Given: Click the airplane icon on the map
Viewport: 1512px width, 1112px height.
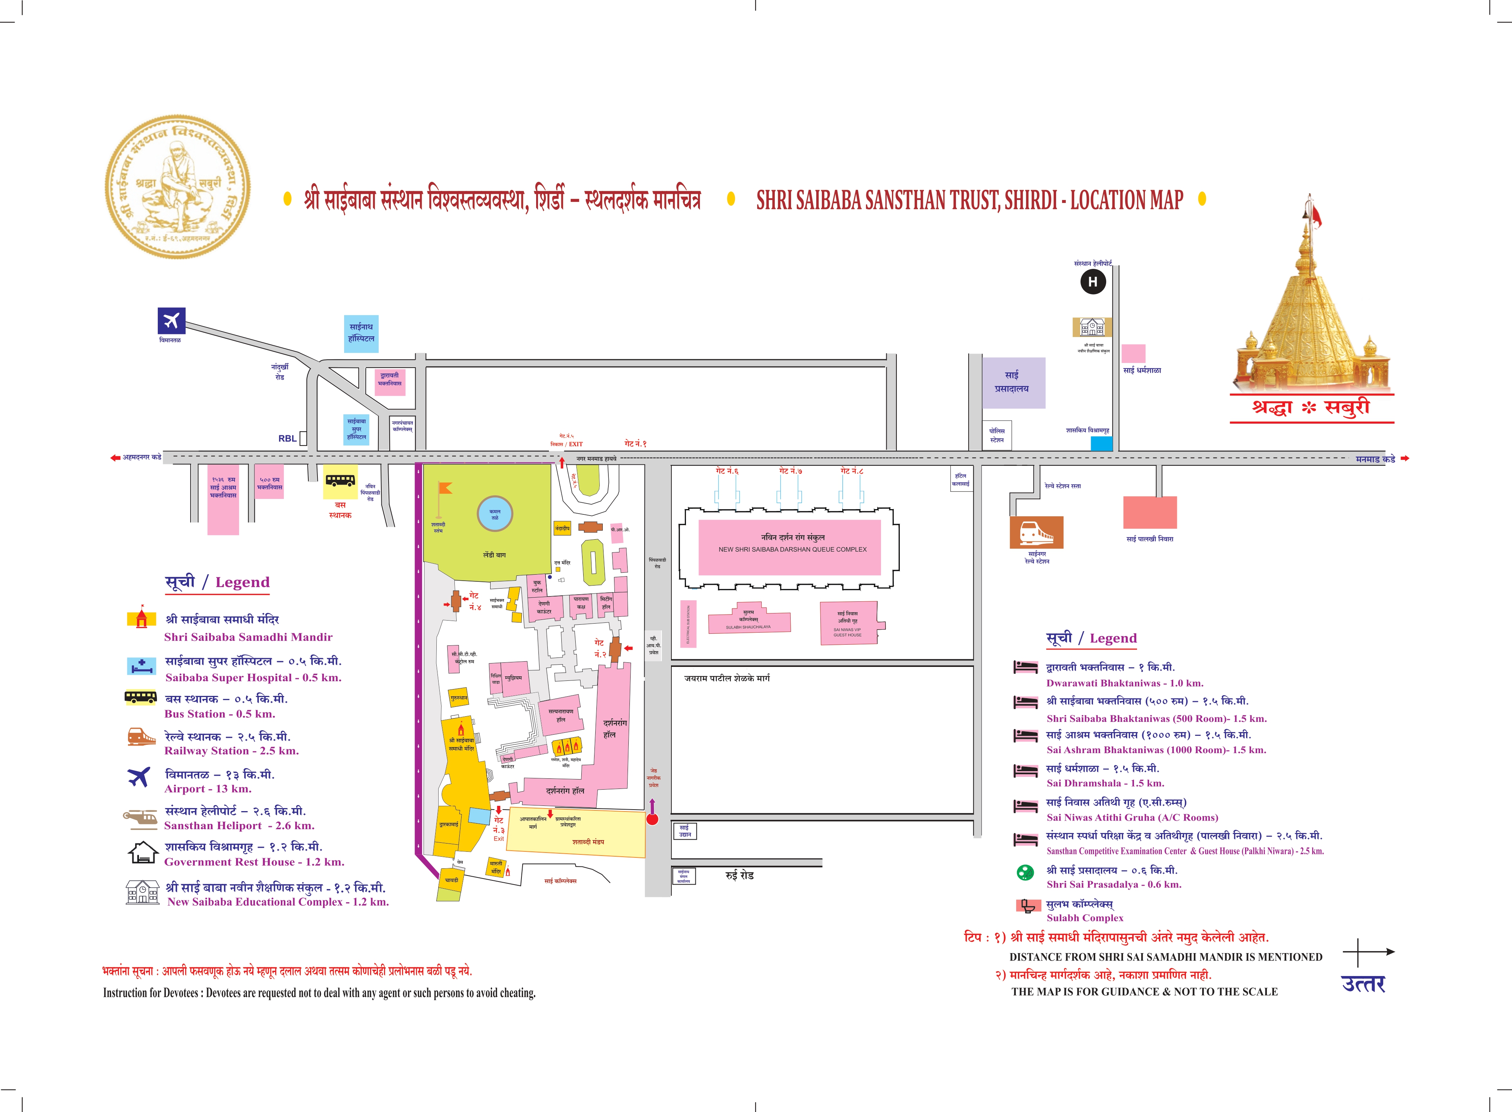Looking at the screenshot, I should [172, 321].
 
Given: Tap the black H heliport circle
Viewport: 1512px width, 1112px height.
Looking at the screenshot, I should [1093, 281].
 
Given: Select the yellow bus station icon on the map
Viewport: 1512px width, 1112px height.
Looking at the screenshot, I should [340, 480].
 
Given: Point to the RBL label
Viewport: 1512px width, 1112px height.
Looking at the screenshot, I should [287, 438].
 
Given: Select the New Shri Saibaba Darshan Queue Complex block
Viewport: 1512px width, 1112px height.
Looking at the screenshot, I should [789, 546].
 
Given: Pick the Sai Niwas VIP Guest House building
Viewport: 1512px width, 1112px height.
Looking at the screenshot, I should [849, 622].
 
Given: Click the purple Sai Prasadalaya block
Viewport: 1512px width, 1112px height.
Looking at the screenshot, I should [1014, 382].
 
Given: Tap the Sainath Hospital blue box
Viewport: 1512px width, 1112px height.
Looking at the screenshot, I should [361, 333].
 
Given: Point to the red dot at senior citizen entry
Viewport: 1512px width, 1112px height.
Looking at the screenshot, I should [652, 819].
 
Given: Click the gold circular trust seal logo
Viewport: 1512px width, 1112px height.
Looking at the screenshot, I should [178, 185].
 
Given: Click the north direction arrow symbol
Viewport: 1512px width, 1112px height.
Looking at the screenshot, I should [1368, 952].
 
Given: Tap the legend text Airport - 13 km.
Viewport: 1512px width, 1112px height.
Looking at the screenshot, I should [208, 789].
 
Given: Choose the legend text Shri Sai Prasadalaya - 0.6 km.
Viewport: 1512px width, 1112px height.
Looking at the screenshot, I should [1114, 885].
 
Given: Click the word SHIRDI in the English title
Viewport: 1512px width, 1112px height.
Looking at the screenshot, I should [1036, 200].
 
